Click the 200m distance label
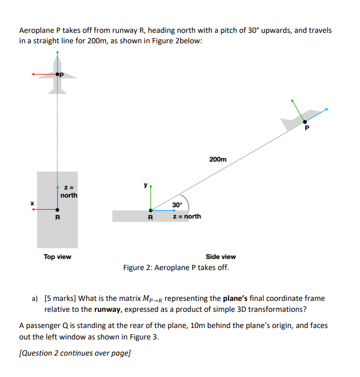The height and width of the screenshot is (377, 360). click(x=218, y=159)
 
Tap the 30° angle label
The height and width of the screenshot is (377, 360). click(x=177, y=204)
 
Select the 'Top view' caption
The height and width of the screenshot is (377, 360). click(x=57, y=257)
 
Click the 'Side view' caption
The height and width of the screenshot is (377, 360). click(x=221, y=257)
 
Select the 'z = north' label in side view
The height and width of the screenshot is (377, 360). click(x=187, y=216)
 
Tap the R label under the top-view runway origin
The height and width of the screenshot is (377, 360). click(x=57, y=217)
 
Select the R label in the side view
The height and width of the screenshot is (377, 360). click(x=150, y=217)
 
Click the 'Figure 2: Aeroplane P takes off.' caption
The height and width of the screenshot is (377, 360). click(x=176, y=267)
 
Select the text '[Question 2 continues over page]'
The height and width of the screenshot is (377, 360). click(x=75, y=353)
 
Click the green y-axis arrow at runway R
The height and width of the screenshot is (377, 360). click(x=150, y=198)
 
